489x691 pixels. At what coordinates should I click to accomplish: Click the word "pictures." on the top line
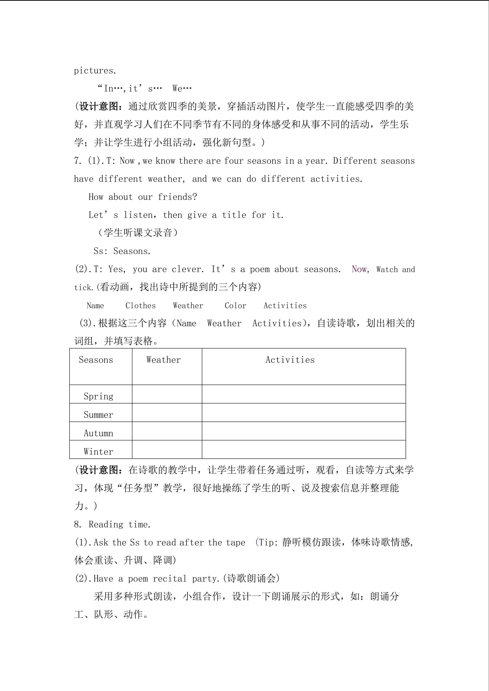pyautogui.click(x=95, y=71)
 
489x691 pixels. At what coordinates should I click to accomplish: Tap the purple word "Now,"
pyautogui.click(x=360, y=269)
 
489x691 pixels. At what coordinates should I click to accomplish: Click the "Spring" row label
pyautogui.click(x=98, y=396)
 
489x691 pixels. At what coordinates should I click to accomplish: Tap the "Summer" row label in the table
pyautogui.click(x=98, y=415)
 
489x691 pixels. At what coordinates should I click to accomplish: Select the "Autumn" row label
pyautogui.click(x=98, y=433)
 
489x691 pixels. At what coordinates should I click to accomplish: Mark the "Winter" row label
pyautogui.click(x=98, y=452)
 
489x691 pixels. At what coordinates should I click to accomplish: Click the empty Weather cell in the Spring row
pyautogui.click(x=167, y=394)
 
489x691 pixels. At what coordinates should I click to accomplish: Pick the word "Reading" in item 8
pyautogui.click(x=106, y=524)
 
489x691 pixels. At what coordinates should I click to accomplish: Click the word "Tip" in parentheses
pyautogui.click(x=266, y=542)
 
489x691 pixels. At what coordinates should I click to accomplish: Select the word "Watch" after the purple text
pyautogui.click(x=387, y=269)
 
